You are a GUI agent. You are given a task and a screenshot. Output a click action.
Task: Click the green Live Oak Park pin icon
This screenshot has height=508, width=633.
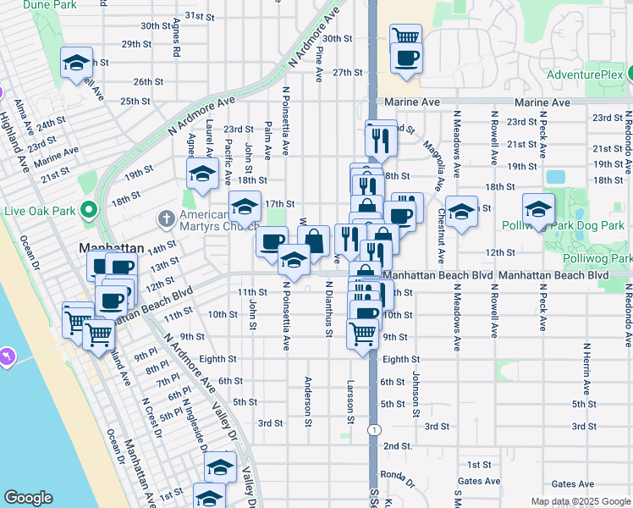tap(87, 210)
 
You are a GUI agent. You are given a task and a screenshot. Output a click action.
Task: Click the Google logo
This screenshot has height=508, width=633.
tap(28, 498)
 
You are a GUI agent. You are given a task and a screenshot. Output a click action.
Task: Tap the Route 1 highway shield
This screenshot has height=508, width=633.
tap(373, 430)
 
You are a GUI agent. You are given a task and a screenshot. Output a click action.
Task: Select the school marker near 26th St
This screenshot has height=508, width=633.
tap(77, 62)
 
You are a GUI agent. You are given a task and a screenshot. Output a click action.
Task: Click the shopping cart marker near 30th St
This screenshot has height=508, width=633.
tap(406, 36)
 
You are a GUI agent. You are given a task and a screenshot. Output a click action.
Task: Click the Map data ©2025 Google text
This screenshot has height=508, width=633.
tap(580, 501)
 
